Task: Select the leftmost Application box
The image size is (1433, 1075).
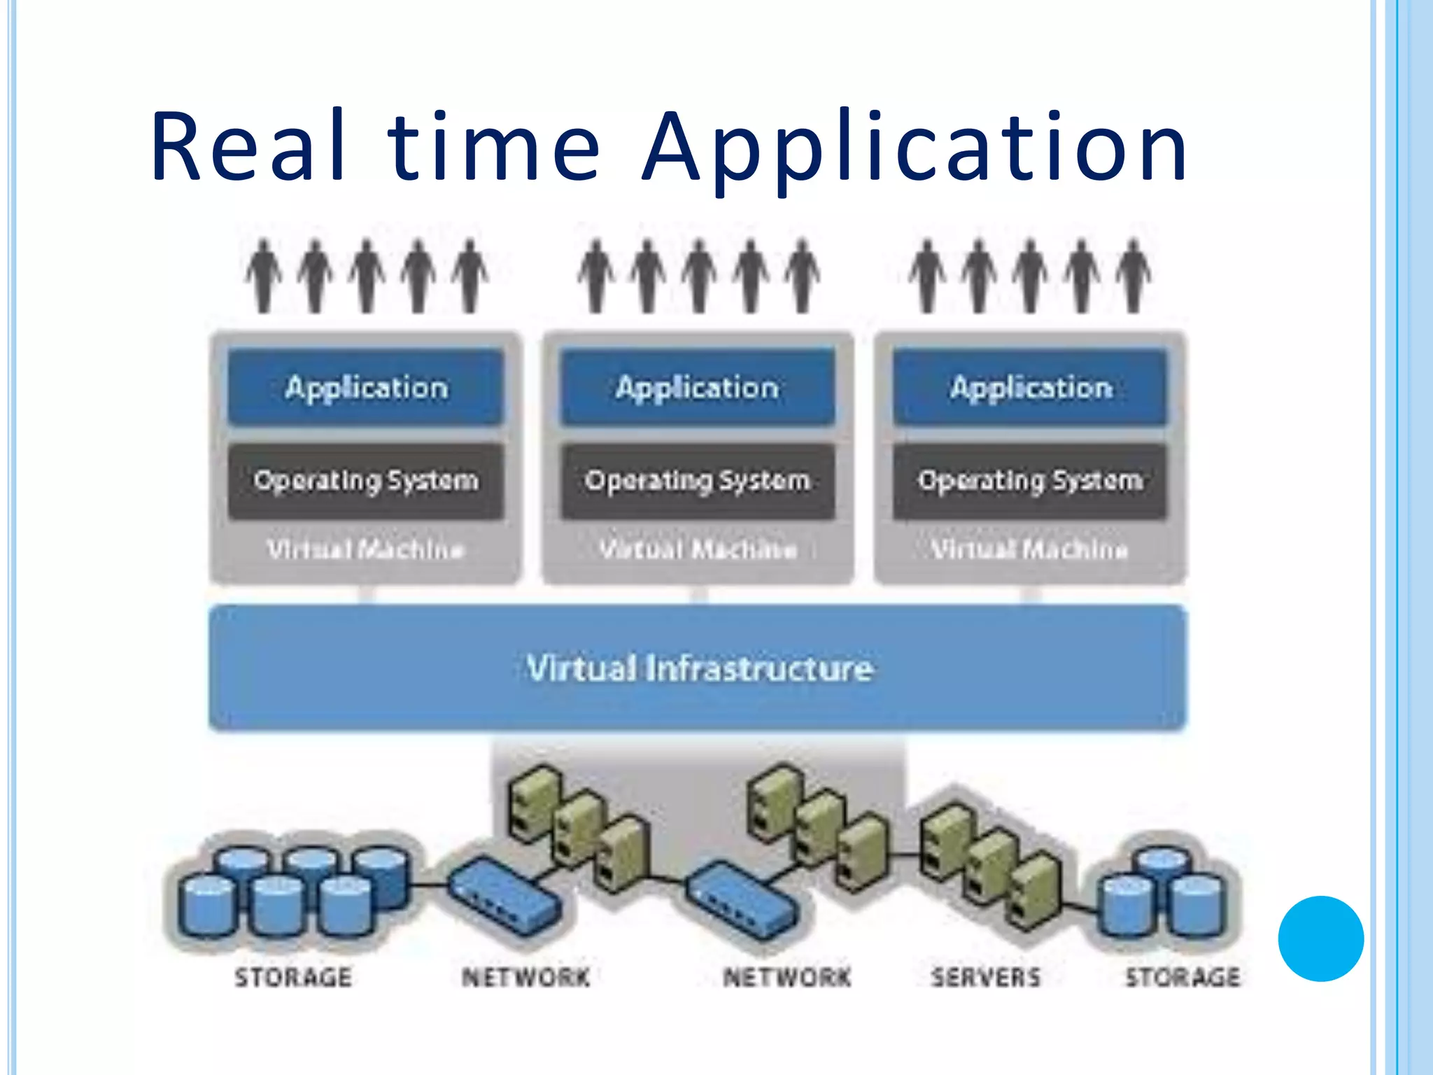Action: pyautogui.click(x=366, y=387)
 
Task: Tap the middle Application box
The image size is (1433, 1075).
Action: pyautogui.click(x=698, y=387)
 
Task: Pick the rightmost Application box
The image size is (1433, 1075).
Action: pyautogui.click(x=1031, y=387)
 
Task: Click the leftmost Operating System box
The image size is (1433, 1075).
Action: pyautogui.click(x=366, y=481)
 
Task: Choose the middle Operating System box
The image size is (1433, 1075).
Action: pyautogui.click(x=698, y=481)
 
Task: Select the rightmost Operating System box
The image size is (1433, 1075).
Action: pyautogui.click(x=1031, y=481)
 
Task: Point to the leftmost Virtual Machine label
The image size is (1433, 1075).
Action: pyautogui.click(x=366, y=549)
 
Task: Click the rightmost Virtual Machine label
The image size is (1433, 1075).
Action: pyautogui.click(x=1029, y=549)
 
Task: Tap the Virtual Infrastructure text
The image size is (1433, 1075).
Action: pyautogui.click(x=700, y=668)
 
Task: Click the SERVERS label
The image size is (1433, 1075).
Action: pyautogui.click(x=986, y=977)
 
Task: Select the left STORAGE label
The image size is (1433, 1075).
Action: pyautogui.click(x=293, y=977)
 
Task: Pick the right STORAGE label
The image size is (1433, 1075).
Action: pyautogui.click(x=1183, y=977)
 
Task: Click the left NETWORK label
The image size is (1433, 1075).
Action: pyautogui.click(x=526, y=977)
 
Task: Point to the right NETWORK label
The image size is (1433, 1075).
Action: pyautogui.click(x=787, y=977)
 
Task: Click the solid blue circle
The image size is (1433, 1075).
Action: pyautogui.click(x=1320, y=939)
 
